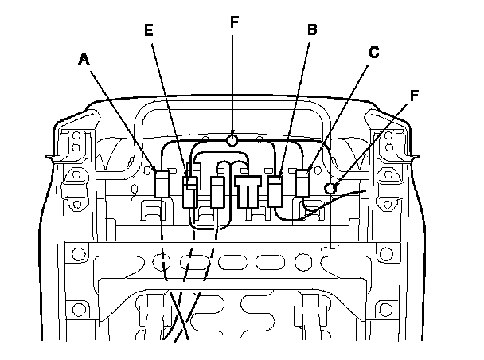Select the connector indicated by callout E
[x=190, y=192]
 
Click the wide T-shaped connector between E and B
[x=248, y=190]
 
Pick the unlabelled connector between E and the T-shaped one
[x=218, y=192]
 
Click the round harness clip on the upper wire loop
[x=232, y=141]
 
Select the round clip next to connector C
[x=330, y=188]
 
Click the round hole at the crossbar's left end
[x=77, y=256]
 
